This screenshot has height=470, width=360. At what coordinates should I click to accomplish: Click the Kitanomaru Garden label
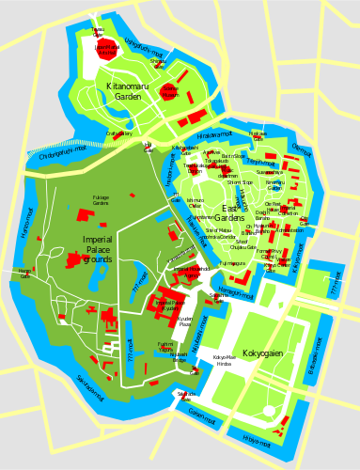point(122,90)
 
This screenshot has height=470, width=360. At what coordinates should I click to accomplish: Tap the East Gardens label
point(229,213)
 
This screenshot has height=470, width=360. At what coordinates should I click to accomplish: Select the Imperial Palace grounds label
point(97,249)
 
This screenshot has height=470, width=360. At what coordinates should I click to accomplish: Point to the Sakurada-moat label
point(91,384)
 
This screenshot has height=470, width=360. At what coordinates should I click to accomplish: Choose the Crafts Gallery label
point(119,133)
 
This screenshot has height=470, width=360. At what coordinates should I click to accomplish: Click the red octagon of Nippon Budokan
point(107,50)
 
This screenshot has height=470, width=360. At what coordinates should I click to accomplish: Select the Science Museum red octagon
point(169,91)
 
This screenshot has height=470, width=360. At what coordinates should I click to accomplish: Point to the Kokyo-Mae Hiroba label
point(225,360)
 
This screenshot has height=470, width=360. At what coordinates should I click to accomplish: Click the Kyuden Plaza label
point(185,321)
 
